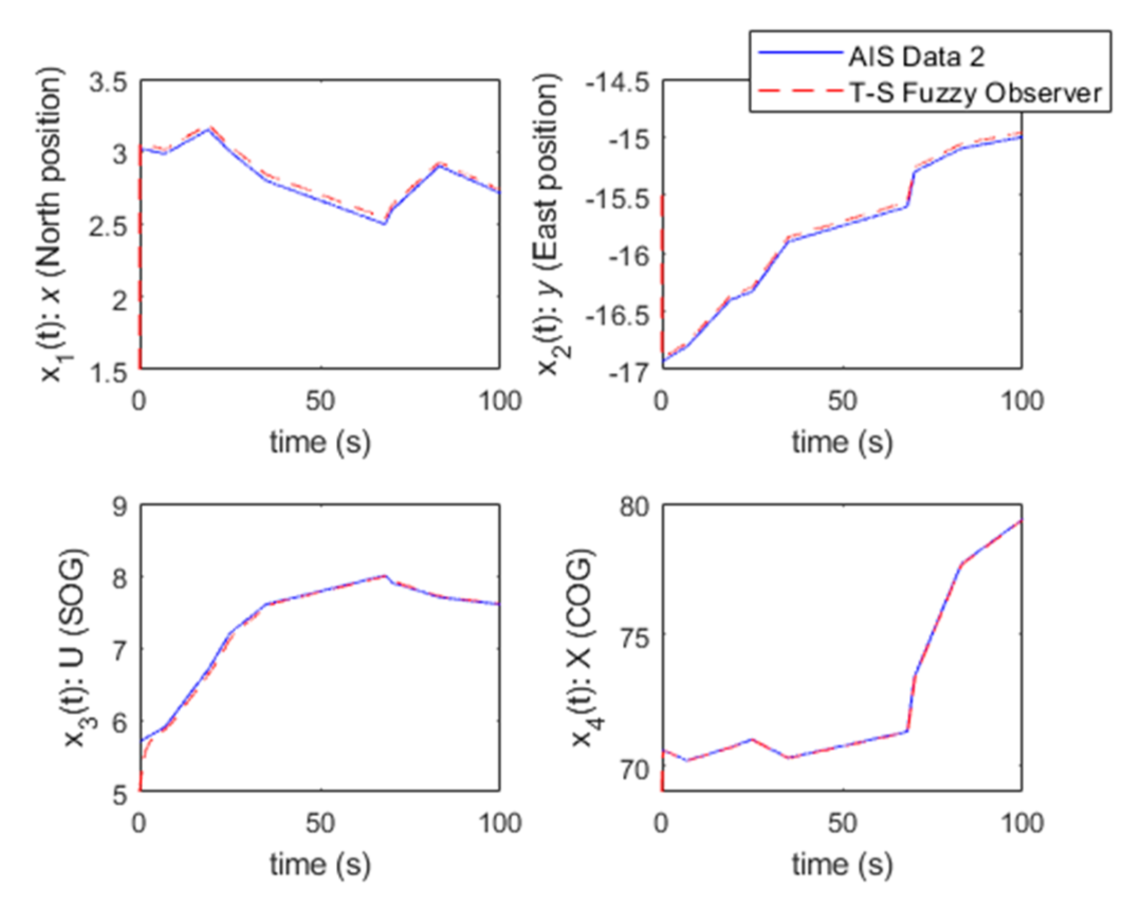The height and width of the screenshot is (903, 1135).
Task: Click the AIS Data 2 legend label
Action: coord(917,57)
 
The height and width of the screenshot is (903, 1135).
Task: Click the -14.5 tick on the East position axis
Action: coord(617,83)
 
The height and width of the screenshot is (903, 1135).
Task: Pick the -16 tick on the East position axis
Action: coord(629,257)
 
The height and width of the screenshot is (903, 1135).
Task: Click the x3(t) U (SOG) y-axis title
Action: coord(75,649)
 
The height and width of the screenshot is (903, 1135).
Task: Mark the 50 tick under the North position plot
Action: coord(320,401)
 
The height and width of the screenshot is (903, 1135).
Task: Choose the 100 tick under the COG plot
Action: coord(1022,823)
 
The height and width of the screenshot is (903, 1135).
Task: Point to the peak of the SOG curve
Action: coord(385,575)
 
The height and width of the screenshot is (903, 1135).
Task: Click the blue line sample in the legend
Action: coord(800,52)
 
